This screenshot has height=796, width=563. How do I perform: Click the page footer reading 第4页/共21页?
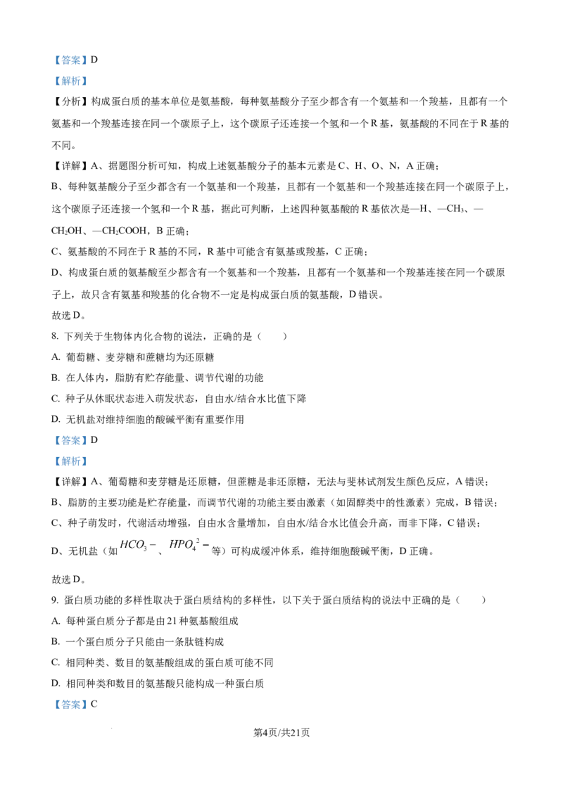tap(281, 733)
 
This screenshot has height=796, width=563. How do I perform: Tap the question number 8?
tap(55, 337)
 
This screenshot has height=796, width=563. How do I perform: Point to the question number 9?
tap(55, 601)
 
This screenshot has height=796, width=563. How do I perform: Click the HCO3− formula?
tap(138, 546)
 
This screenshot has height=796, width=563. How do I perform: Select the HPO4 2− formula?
tap(189, 545)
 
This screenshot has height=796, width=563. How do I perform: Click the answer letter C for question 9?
tap(94, 705)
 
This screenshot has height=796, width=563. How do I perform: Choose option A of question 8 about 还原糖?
tap(132, 357)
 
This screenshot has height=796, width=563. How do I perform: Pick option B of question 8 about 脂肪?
tap(158, 378)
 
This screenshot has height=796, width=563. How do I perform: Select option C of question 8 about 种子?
tap(179, 399)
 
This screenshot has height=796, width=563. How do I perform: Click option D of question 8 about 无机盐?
tap(148, 419)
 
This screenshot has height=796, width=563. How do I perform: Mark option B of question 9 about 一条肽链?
tap(138, 642)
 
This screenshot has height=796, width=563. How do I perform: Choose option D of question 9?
tap(158, 683)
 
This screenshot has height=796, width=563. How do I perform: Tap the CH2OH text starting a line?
tap(67, 231)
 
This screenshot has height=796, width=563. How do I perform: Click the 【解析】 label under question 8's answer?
tap(70, 461)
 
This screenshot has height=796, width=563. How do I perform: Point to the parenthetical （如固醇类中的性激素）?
tap(382, 503)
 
